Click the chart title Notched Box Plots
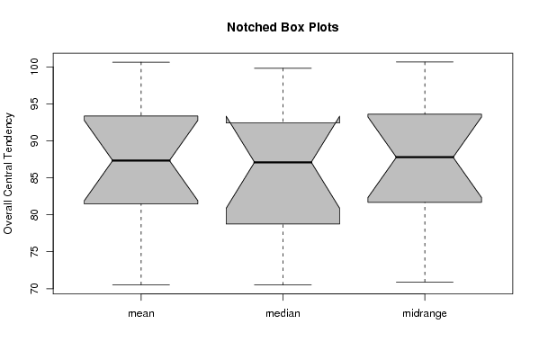point(283,27)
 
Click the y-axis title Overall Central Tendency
point(8,174)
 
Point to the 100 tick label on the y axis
point(35,67)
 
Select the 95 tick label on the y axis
point(35,103)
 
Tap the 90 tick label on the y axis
point(35,140)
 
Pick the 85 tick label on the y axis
point(35,178)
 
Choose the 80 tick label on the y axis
point(35,214)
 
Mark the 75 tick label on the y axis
point(35,251)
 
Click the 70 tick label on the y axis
point(35,289)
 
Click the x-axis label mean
point(141,313)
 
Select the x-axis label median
point(283,313)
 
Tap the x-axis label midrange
point(425,313)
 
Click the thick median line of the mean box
point(141,160)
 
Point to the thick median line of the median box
point(283,162)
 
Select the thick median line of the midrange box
point(425,157)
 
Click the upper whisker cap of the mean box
point(141,62)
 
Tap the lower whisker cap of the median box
point(283,284)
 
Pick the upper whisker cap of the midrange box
point(425,62)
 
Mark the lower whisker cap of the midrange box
point(425,283)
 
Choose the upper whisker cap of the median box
point(283,68)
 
